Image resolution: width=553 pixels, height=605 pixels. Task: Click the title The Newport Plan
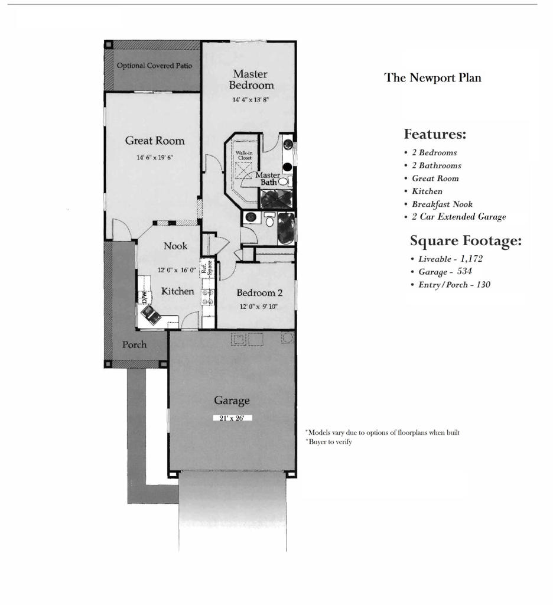coord(432,77)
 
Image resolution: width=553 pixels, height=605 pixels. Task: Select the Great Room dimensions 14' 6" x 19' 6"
coord(155,158)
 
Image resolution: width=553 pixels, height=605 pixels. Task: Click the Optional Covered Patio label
coord(154,66)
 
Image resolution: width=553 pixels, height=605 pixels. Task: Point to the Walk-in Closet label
coord(244,155)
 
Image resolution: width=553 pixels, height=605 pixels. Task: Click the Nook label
coord(175,246)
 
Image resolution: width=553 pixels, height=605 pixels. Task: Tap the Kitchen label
coord(177,291)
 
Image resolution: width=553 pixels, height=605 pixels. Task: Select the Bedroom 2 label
coord(259,292)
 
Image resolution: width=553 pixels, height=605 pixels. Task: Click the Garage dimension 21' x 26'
coord(232,418)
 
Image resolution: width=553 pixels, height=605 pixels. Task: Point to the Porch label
coord(134,344)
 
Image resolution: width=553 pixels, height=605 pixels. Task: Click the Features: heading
coord(435,134)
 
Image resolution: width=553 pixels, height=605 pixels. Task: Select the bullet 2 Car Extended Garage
coord(458,217)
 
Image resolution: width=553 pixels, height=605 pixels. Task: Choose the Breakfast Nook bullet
coord(442,204)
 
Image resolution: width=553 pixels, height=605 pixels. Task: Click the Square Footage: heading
coord(466,240)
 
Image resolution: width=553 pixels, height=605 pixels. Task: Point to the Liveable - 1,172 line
coord(450,259)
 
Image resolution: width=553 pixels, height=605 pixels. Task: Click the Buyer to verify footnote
coord(330,441)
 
